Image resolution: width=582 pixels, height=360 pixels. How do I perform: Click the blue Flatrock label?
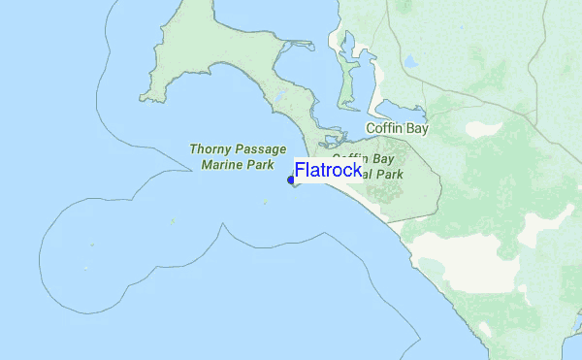pyautogui.click(x=329, y=172)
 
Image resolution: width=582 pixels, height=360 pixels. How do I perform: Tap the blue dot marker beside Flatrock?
pyautogui.click(x=291, y=180)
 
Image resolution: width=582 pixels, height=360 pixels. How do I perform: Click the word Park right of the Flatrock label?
pyautogui.click(x=386, y=175)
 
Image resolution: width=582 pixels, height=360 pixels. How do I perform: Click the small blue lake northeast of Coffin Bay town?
pyautogui.click(x=411, y=62)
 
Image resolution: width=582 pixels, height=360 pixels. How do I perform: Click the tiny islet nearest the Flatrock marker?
pyautogui.click(x=264, y=203)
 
